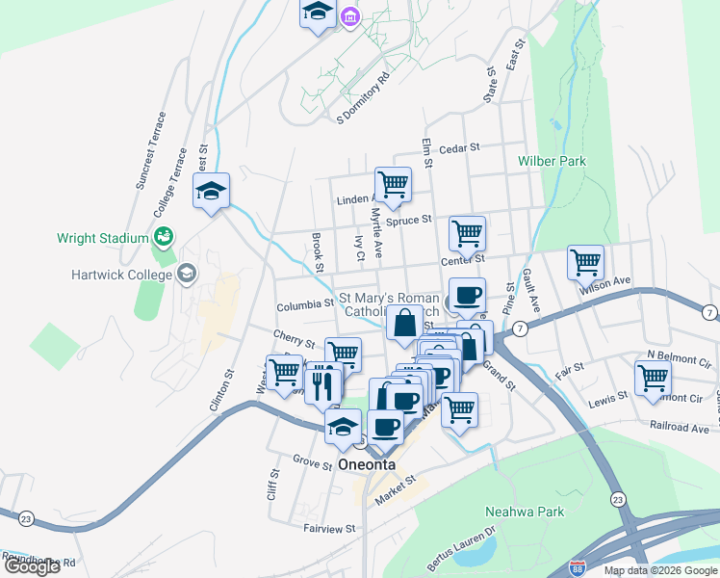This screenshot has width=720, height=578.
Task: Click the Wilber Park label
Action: pyautogui.click(x=552, y=161)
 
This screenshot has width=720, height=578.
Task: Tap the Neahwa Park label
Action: pyautogui.click(x=525, y=512)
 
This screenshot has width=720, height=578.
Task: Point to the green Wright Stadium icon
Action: pyautogui.click(x=164, y=237)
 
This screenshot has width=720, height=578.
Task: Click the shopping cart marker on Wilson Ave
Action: pyautogui.click(x=585, y=261)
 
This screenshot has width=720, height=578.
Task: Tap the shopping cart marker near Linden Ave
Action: pyautogui.click(x=393, y=184)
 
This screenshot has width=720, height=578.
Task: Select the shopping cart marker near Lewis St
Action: pyautogui.click(x=653, y=378)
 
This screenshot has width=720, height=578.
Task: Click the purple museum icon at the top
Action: pyautogui.click(x=348, y=17)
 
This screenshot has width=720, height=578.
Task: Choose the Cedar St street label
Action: pyautogui.click(x=458, y=149)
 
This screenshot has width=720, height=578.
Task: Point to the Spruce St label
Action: pyautogui.click(x=409, y=221)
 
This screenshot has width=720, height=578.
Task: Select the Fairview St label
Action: pyautogui.click(x=329, y=528)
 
